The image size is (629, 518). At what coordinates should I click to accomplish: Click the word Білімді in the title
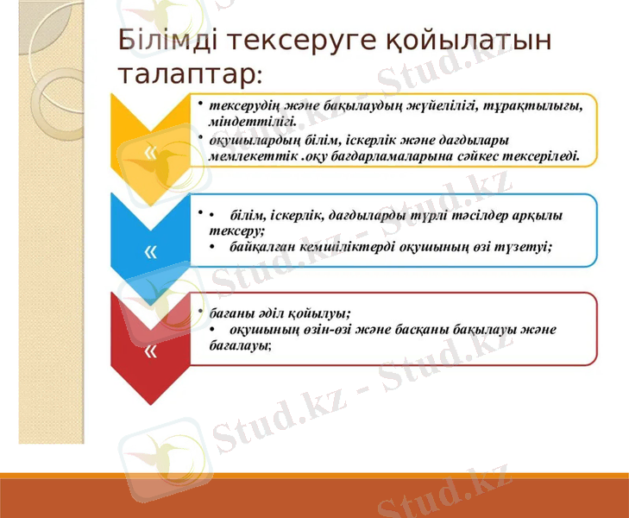click(x=160, y=40)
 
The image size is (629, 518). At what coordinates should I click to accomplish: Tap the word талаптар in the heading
click(x=186, y=73)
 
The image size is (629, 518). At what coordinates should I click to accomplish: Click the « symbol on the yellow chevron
click(x=151, y=154)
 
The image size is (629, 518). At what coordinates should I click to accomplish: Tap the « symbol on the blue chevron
click(x=151, y=251)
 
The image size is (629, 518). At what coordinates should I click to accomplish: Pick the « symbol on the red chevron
click(x=151, y=351)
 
